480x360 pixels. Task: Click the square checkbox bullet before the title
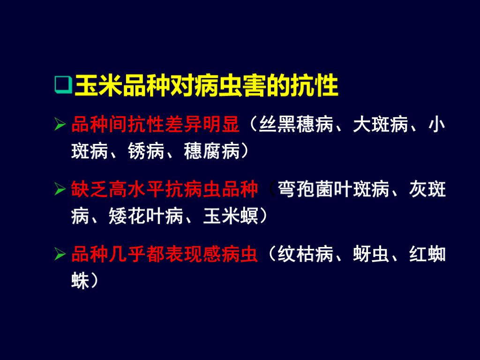pyautogui.click(x=63, y=85)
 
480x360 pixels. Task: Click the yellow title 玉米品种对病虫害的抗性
pyautogui.click(x=206, y=86)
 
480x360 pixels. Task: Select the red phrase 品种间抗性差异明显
pyautogui.click(x=155, y=126)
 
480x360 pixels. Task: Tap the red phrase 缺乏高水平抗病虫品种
pyautogui.click(x=165, y=190)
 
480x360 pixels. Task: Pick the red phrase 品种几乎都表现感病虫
pyautogui.click(x=165, y=255)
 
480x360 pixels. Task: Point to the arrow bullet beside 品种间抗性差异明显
pyautogui.click(x=60, y=126)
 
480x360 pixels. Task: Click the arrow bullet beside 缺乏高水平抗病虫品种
pyautogui.click(x=60, y=190)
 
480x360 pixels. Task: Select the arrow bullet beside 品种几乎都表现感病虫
pyautogui.click(x=60, y=255)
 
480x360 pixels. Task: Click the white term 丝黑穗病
pyautogui.click(x=296, y=126)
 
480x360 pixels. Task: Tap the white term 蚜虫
pyautogui.click(x=371, y=255)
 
